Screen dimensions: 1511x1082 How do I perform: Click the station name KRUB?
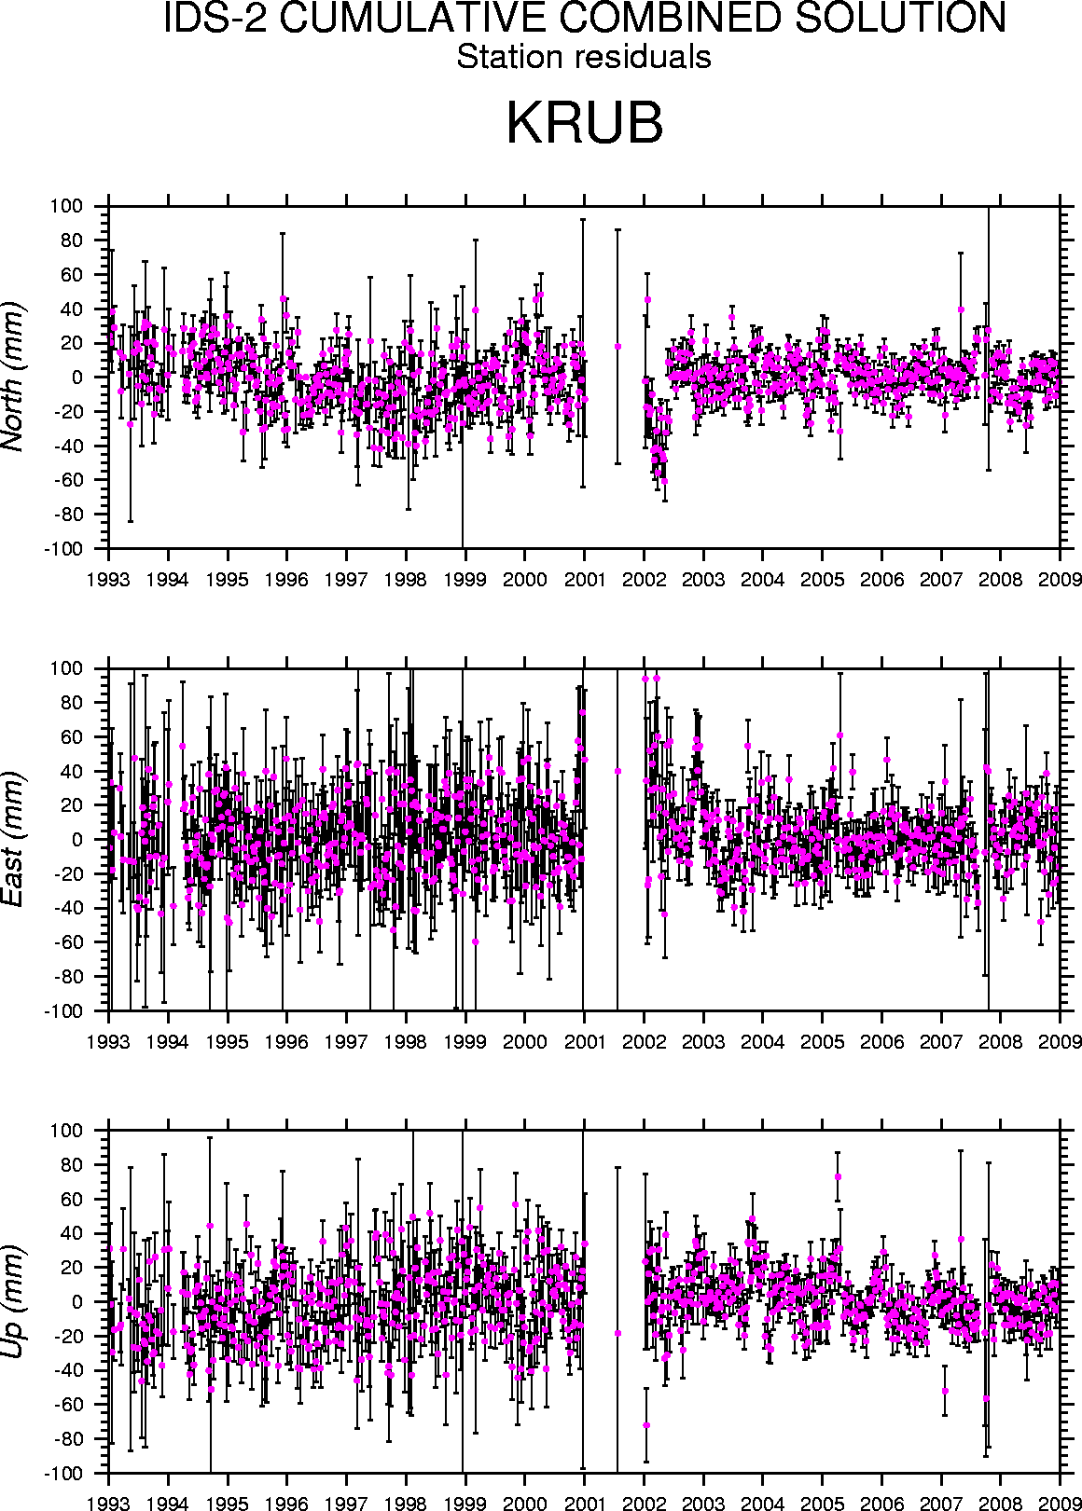(584, 123)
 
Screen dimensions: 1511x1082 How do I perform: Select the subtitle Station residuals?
(584, 57)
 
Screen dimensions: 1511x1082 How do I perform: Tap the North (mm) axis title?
(14, 377)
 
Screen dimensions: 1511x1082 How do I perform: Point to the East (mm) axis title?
(14, 839)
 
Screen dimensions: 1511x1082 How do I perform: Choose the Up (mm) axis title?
(14, 1302)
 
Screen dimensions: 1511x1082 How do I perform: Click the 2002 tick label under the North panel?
(644, 580)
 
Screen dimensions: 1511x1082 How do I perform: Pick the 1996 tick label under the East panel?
(286, 1042)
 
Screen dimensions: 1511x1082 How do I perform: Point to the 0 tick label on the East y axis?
(77, 840)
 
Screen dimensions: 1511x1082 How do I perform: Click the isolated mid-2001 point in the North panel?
(617, 346)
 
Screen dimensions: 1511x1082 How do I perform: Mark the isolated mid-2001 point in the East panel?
(617, 771)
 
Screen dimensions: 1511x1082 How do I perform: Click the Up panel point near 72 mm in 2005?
(838, 1176)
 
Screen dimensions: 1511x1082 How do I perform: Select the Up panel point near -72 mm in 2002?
(646, 1425)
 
